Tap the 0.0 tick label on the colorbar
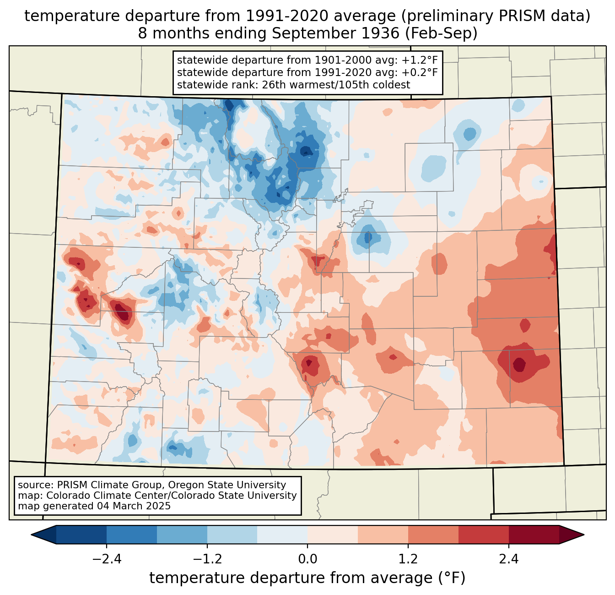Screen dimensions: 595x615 point(307,559)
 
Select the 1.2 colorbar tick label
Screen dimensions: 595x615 point(408,559)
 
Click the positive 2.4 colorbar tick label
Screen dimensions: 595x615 point(509,559)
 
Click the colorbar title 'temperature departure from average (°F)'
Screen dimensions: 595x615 point(307,578)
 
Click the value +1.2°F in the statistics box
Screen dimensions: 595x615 point(420,60)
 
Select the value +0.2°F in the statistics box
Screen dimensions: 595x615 point(420,72)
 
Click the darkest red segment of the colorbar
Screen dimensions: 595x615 point(534,535)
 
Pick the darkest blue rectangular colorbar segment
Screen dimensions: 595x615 point(81,535)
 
